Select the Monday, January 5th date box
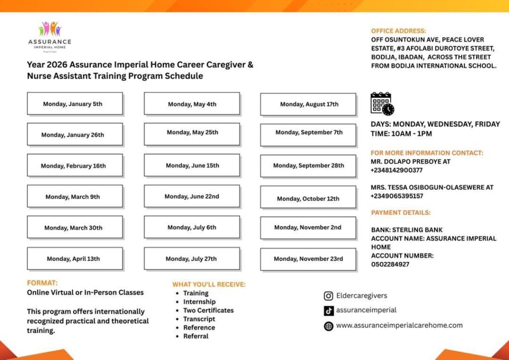75,104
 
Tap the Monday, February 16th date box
75,166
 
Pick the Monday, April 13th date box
75,259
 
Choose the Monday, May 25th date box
192,133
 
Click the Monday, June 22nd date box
192,196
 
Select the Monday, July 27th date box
192,259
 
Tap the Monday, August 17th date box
308,104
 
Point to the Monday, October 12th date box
308,198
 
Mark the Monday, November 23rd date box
308,259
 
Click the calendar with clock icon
382,104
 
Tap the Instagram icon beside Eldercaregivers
329,296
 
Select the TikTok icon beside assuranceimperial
329,310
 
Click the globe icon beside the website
329,326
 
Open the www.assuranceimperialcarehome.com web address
399,326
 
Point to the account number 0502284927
390,265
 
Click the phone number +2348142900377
397,170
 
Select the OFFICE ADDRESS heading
398,31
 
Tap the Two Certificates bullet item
208,310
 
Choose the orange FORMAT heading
42,283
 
